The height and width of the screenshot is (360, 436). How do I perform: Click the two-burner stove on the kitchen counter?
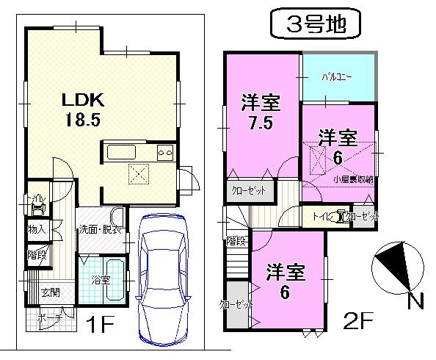point(164,154)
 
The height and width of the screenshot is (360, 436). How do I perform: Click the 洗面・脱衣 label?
point(101,228)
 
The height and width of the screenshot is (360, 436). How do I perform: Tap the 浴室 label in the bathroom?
point(101,280)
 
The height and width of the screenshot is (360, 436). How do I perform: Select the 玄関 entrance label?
point(49,293)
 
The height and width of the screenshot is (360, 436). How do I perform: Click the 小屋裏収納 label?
point(352,179)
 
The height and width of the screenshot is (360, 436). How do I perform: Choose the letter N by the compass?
point(415,300)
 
